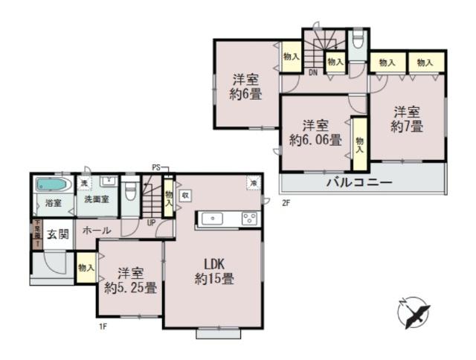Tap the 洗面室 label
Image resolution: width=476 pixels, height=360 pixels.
click(x=97, y=199)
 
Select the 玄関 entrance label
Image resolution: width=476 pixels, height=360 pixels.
click(x=58, y=235)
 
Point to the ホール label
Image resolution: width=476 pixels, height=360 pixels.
click(x=97, y=231)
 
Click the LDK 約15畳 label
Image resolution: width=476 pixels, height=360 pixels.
click(x=215, y=271)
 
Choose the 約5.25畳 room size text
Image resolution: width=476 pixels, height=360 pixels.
click(x=130, y=288)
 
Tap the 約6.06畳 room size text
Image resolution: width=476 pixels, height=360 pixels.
click(x=315, y=139)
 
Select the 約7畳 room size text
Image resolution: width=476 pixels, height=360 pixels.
click(x=408, y=127)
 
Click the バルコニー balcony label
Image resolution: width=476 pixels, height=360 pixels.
click(x=358, y=182)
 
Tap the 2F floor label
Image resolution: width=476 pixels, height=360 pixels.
click(x=285, y=202)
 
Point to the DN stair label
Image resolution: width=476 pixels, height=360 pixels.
click(x=313, y=72)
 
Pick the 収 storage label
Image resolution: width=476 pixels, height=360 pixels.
click(x=184, y=195)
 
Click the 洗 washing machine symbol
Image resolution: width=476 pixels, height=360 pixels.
click(x=84, y=183)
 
